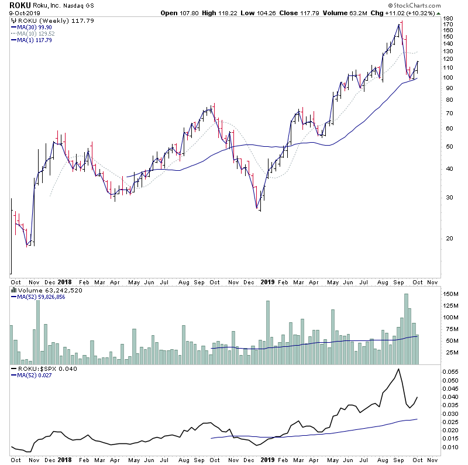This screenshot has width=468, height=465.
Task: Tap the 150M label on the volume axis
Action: click(x=450, y=294)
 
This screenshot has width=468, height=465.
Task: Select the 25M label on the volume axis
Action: click(x=449, y=353)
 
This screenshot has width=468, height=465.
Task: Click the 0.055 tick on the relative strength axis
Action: click(x=450, y=371)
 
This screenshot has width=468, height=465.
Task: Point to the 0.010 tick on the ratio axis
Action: click(x=450, y=447)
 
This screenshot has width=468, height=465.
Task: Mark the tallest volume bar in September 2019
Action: click(x=406, y=329)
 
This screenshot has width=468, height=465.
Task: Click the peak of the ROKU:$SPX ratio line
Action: click(x=398, y=369)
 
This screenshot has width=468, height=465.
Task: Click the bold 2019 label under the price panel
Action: click(x=268, y=280)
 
